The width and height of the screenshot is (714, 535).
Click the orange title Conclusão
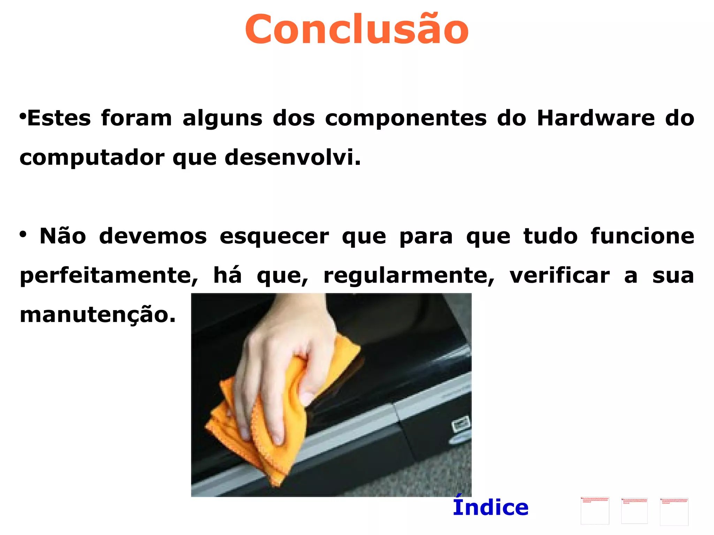point(357,29)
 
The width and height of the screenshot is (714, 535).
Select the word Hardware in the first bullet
point(596,118)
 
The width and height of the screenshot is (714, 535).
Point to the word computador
point(92,158)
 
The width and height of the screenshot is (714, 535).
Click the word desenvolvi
point(293,157)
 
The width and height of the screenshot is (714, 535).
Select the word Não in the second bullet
point(63,236)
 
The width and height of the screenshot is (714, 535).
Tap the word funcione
point(642,236)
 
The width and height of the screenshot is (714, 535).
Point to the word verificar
point(560,275)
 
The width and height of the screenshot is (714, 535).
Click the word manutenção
point(98,315)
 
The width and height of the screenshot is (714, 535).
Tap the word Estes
point(59,118)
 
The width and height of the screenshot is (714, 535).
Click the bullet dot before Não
point(23,234)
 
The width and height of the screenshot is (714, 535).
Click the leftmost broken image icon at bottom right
point(595,511)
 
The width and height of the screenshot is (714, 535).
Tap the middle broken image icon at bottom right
point(634,511)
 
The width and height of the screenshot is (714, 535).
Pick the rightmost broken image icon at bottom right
point(674,511)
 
